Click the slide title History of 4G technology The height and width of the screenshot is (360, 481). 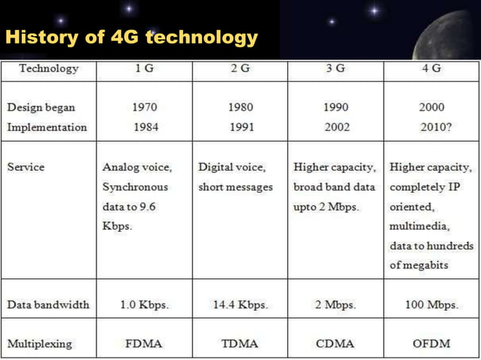(131, 37)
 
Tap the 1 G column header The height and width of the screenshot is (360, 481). (146, 69)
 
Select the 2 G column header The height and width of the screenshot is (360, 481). (240, 69)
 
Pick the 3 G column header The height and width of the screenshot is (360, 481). (335, 69)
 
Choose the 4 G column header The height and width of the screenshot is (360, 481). (432, 69)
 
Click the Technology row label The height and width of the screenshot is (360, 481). (49, 69)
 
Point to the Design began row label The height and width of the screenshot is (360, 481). (41, 107)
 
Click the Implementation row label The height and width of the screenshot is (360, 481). (47, 127)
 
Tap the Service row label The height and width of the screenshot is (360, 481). (26, 166)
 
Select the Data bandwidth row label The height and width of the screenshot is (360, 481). (48, 305)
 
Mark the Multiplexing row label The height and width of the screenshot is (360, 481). (40, 343)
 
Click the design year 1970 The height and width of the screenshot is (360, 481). (146, 107)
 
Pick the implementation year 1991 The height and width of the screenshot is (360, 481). (240, 127)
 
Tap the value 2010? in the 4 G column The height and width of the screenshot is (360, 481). (436, 127)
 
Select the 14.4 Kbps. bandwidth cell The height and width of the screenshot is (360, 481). (240, 305)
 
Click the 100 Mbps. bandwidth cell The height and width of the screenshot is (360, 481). (432, 305)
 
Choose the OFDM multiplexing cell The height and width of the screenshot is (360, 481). (432, 343)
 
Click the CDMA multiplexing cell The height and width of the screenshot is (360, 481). (335, 343)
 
